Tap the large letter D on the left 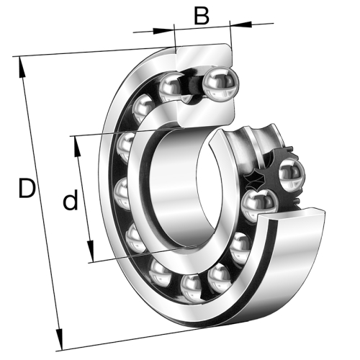coord(27,189)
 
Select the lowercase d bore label coord(69,201)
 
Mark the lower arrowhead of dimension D coord(58,341)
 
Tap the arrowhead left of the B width coord(168,30)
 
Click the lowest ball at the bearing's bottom coord(192,288)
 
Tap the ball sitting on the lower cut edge coord(257,205)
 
